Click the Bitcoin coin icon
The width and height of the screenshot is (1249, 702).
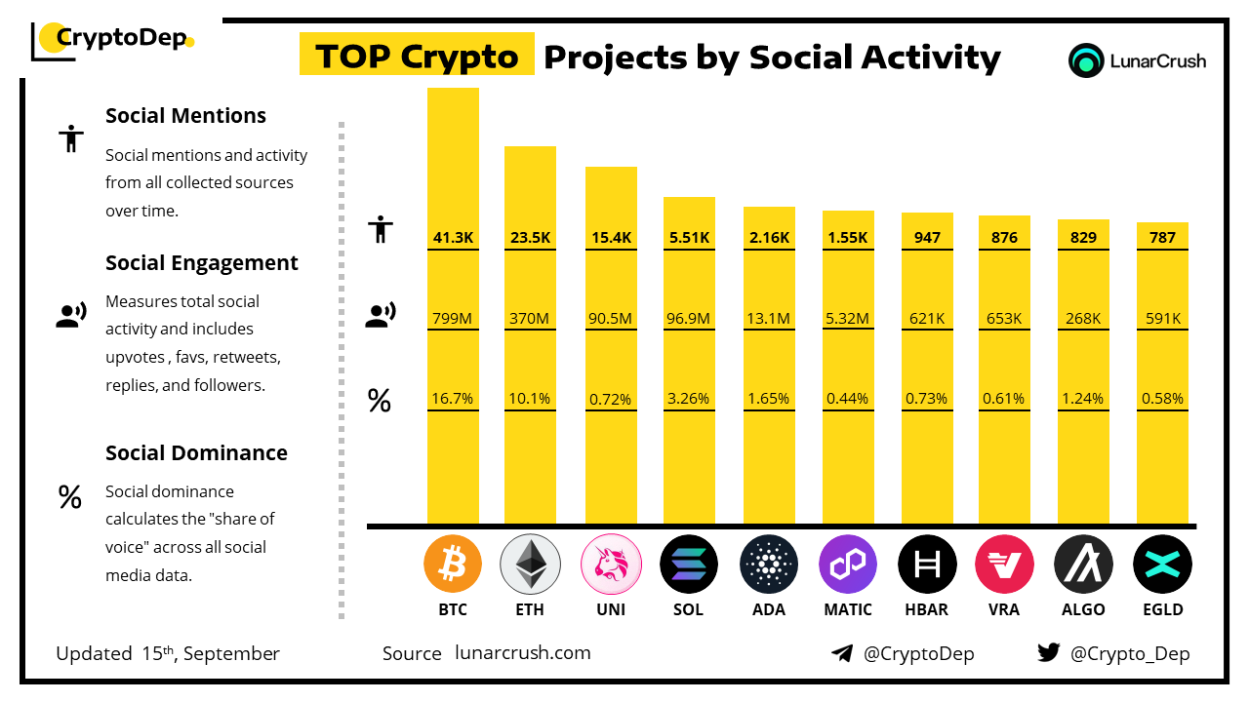(453, 565)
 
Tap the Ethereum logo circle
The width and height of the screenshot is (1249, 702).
(530, 565)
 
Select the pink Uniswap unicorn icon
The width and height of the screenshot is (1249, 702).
(610, 565)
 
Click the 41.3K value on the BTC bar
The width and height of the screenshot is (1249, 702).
(453, 237)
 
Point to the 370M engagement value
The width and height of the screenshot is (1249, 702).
(530, 318)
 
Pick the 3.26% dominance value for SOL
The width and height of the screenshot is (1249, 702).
(689, 398)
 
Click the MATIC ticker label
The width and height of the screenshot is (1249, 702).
(847, 609)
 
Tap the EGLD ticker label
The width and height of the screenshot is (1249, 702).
(1162, 609)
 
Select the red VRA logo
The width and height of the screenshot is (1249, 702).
(1004, 565)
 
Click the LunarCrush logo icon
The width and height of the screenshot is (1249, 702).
(1086, 60)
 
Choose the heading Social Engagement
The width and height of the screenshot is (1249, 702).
(202, 263)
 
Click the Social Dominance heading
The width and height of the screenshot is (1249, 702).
(196, 453)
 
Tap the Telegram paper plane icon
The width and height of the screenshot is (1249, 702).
(842, 654)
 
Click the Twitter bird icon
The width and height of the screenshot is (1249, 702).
(1049, 653)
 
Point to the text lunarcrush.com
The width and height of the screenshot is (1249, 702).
(523, 653)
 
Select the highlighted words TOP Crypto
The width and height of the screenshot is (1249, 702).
(417, 56)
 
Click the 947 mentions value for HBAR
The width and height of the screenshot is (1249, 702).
(926, 237)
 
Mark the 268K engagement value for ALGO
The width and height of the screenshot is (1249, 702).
(1083, 318)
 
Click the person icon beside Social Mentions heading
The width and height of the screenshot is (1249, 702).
(70, 139)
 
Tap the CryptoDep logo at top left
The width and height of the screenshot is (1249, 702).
(113, 40)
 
